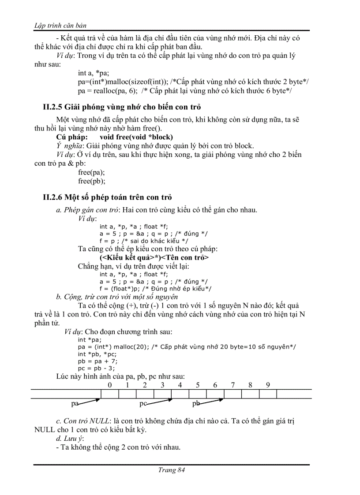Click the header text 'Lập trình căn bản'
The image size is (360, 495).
click(x=60, y=25)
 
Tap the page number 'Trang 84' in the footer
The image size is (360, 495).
click(x=171, y=470)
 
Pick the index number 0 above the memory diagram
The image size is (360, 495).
click(x=109, y=385)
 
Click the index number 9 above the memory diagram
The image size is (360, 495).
click(x=268, y=385)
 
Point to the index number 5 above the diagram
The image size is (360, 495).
click(x=198, y=385)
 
